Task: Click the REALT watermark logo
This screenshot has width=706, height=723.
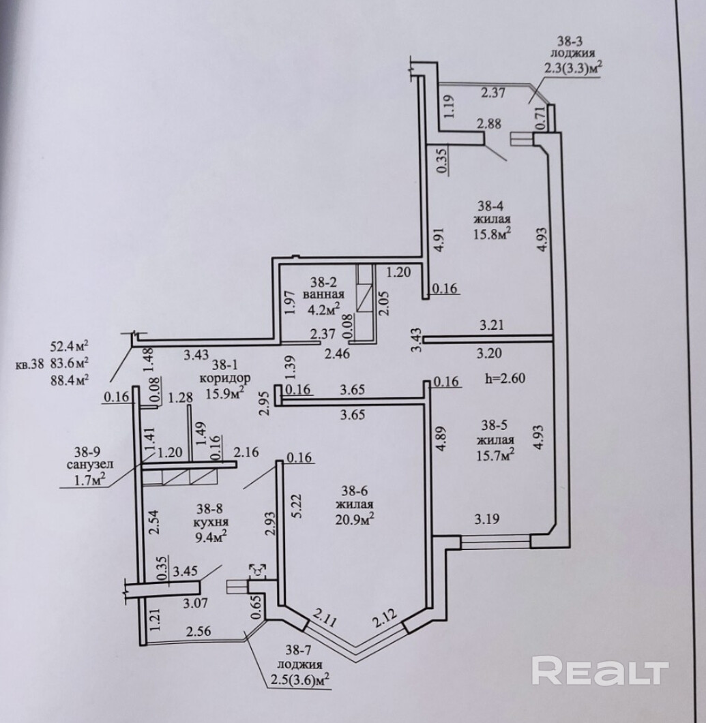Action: click(x=599, y=671)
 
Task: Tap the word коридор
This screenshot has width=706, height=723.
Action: click(x=224, y=378)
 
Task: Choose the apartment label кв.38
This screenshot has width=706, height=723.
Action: click(x=31, y=364)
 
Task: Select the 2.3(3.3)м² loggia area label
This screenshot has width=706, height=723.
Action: click(x=572, y=67)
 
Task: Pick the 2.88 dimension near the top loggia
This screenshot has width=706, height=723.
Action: click(x=489, y=124)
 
